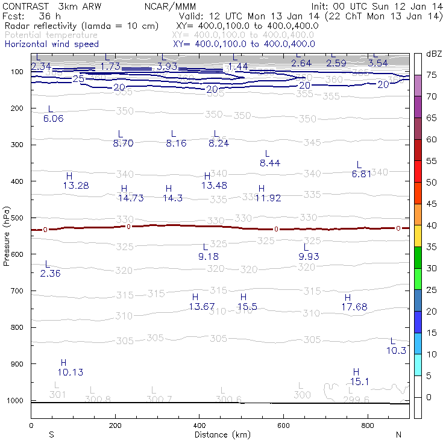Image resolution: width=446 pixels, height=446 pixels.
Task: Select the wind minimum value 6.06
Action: [54, 118]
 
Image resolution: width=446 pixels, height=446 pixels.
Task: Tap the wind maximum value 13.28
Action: [76, 186]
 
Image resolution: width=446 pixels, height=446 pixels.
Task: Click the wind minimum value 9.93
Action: [311, 257]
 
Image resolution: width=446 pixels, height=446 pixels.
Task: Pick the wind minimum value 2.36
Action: [50, 274]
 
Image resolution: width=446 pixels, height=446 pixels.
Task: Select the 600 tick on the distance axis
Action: [284, 426]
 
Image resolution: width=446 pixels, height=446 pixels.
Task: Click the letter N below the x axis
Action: [398, 435]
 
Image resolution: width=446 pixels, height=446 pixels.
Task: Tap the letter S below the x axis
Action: [51, 435]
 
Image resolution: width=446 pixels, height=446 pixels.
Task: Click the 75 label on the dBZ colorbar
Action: [432, 75]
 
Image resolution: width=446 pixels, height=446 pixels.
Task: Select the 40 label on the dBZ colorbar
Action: [432, 225]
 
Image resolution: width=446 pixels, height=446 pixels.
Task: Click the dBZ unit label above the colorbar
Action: [433, 54]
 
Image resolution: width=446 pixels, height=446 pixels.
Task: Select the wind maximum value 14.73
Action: [131, 198]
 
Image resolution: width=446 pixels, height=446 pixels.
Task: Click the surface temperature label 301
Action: [57, 395]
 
